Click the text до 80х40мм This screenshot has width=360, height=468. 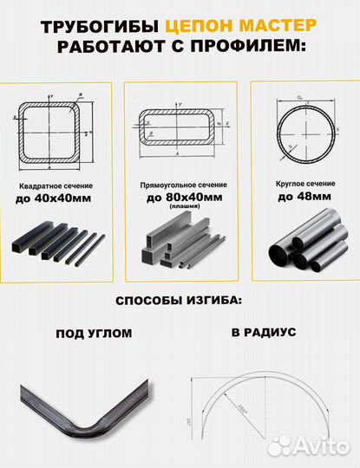180,198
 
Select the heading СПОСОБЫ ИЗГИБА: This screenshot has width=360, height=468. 180,301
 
